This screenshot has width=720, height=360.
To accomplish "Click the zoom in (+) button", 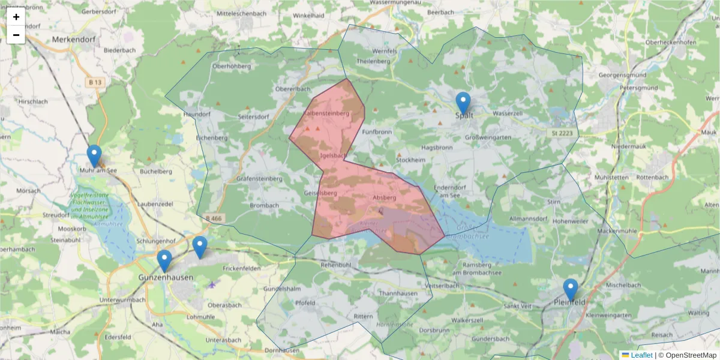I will click(16, 17).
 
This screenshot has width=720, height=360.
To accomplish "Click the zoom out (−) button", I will click(16, 35).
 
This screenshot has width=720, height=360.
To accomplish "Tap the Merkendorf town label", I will click(74, 40).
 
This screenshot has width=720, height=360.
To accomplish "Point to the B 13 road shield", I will click(94, 82).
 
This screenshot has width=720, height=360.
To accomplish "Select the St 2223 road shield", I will click(559, 132).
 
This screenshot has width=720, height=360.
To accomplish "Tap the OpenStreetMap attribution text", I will click(691, 355).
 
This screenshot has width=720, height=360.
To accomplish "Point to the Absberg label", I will click(385, 197).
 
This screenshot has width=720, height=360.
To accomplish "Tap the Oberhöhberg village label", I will click(231, 67).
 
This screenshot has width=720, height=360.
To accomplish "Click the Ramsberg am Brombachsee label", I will click(476, 268).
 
